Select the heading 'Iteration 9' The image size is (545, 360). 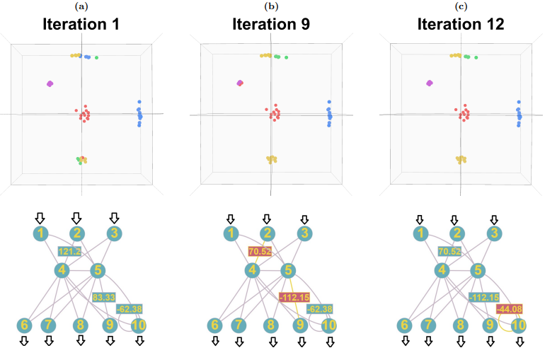(x=272, y=25)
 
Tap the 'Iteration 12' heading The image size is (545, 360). (x=461, y=25)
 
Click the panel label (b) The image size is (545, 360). (x=271, y=6)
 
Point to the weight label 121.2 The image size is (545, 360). (x=70, y=250)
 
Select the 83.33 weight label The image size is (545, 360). (x=104, y=297)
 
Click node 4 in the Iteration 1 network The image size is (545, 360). (x=62, y=269)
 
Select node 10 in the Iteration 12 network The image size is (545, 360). (x=519, y=325)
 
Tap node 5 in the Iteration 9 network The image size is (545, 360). (x=287, y=269)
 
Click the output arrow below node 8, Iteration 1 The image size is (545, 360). (x=81, y=341)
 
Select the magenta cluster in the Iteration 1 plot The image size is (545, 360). (x=50, y=83)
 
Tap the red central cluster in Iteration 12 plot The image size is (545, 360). (x=464, y=114)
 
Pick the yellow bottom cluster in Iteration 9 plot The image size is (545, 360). (x=271, y=159)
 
